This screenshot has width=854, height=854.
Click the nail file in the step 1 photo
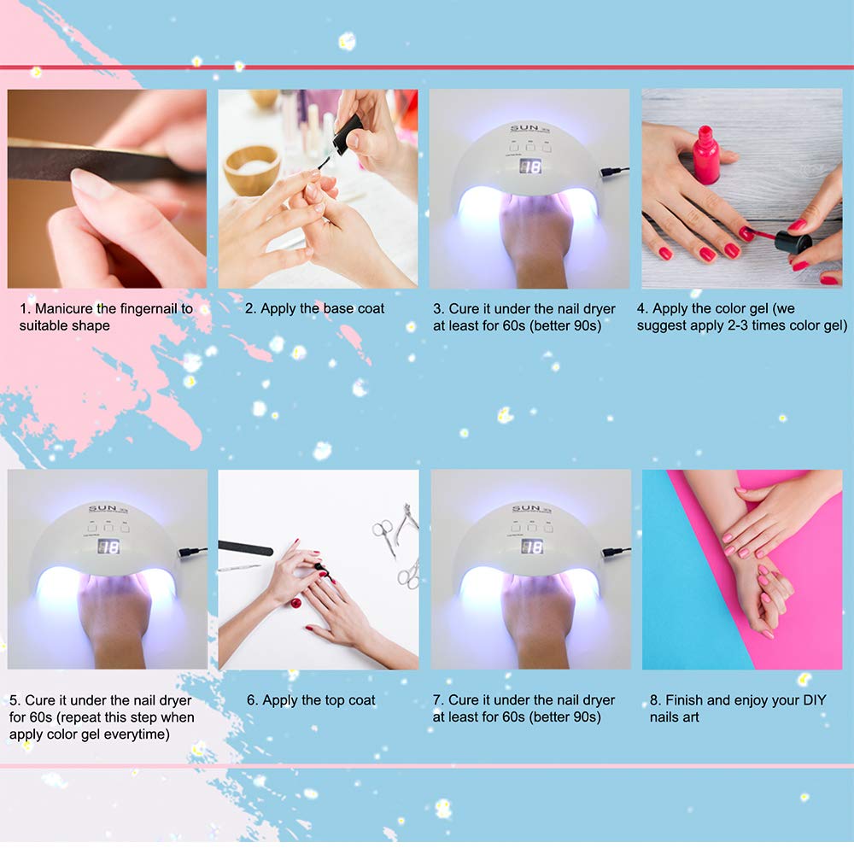click(x=103, y=161)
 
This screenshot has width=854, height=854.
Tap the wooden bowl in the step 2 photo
click(x=252, y=169)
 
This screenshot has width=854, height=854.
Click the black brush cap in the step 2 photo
click(x=347, y=133)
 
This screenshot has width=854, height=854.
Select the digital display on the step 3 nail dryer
click(x=530, y=167)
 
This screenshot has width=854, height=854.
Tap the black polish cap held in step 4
click(x=793, y=242)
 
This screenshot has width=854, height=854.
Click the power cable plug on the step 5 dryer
click(x=190, y=553)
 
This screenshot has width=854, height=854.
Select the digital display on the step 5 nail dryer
click(x=108, y=547)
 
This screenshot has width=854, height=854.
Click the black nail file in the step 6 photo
click(x=245, y=548)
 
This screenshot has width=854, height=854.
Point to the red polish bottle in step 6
click(x=295, y=603)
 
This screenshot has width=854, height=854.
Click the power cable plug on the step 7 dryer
click(x=614, y=553)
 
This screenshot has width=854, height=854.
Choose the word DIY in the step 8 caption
click(x=814, y=700)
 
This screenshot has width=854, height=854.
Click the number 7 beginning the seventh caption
click(x=437, y=700)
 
